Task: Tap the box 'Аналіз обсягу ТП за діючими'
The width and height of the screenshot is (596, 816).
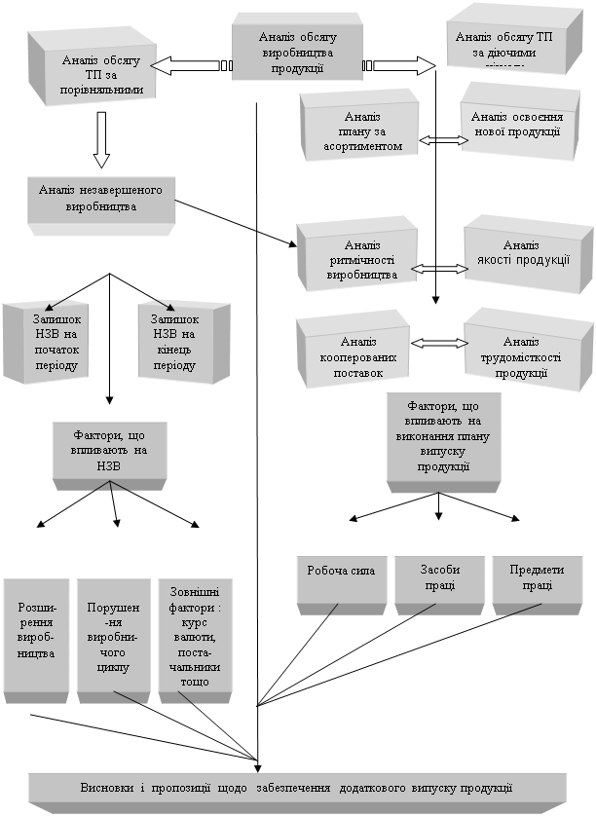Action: tap(503, 45)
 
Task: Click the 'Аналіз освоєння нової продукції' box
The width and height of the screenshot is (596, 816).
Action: tap(515, 124)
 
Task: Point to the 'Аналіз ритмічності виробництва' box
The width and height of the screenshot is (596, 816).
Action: tap(356, 259)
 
